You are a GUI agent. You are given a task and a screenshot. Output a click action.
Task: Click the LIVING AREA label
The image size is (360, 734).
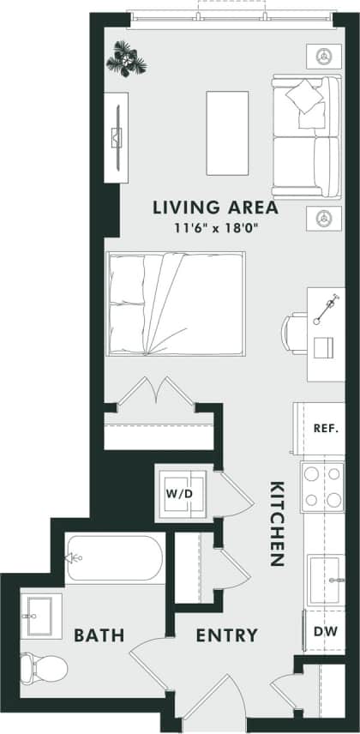[x=214, y=207]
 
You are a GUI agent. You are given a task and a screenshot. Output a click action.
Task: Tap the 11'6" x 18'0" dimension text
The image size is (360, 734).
[x=214, y=228]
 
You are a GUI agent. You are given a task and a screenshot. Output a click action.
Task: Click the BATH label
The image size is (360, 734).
[x=99, y=635]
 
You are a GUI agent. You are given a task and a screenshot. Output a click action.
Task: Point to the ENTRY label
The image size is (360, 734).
[x=226, y=635]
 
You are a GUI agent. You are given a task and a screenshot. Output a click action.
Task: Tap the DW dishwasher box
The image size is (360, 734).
[x=324, y=631]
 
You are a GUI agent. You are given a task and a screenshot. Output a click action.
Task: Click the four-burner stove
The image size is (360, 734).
[x=322, y=488]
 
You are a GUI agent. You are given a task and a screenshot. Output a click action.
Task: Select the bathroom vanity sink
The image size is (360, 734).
[x=39, y=612]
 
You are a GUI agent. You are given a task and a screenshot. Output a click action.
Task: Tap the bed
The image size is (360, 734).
[x=176, y=304]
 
